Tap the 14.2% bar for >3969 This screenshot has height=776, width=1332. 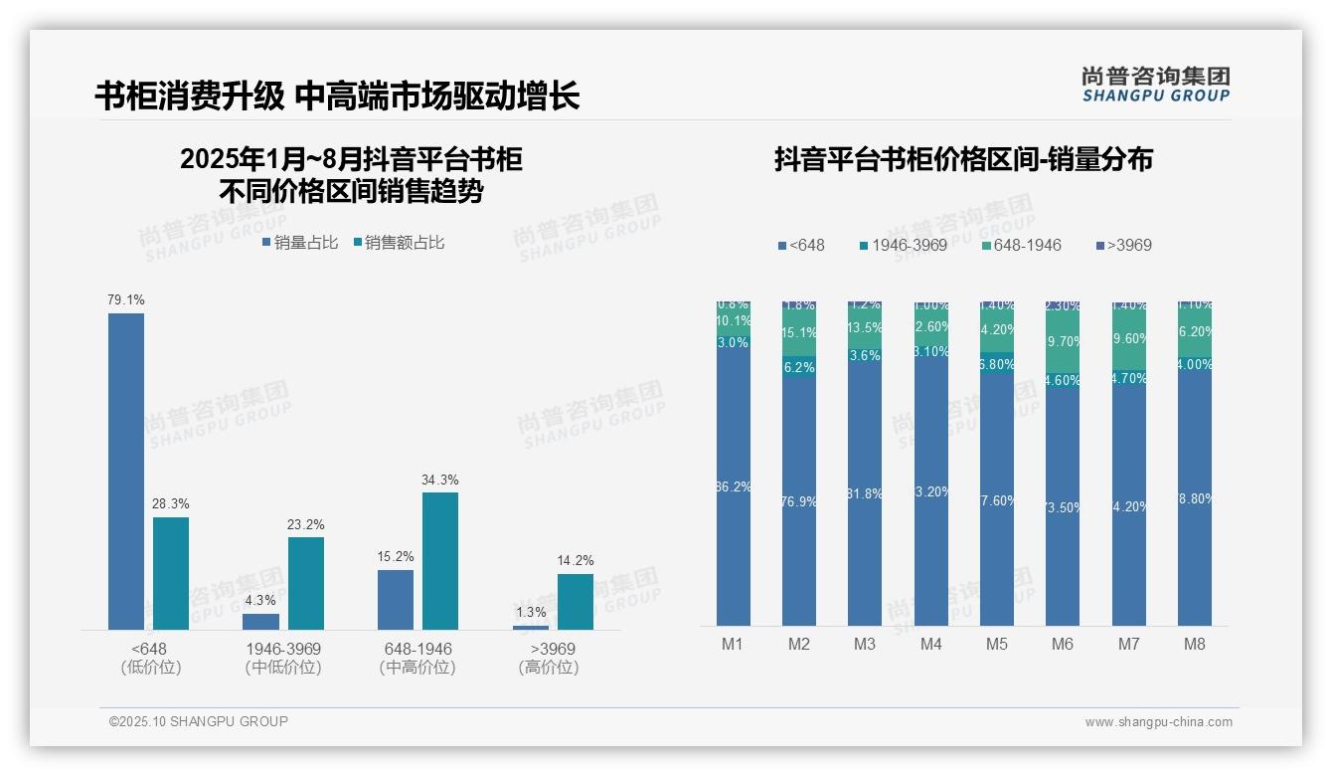(x=575, y=601)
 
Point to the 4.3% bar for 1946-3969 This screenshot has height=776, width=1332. (x=261, y=621)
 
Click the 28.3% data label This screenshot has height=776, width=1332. (x=171, y=503)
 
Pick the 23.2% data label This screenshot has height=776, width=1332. (x=306, y=524)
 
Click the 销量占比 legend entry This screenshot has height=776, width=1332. (x=300, y=242)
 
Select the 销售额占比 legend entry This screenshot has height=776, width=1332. (x=399, y=242)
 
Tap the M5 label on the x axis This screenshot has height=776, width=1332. (x=997, y=644)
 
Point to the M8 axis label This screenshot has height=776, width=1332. (x=1194, y=644)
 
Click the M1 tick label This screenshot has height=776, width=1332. (x=733, y=644)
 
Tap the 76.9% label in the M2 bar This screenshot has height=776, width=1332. (x=799, y=501)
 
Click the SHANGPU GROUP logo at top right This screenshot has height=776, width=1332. (x=1156, y=84)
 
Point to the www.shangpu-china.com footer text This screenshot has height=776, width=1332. (x=1158, y=722)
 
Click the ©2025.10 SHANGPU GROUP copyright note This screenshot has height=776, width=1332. (x=199, y=721)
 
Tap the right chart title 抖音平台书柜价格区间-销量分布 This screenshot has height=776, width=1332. (x=963, y=159)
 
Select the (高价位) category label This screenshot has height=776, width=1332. (x=549, y=668)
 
